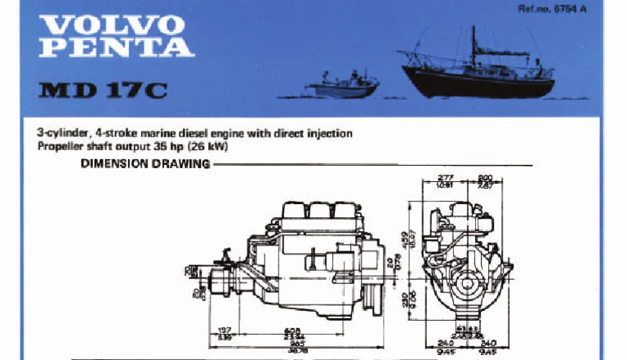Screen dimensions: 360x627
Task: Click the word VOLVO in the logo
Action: click(x=110, y=25)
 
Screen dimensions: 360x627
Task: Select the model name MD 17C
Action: click(x=102, y=89)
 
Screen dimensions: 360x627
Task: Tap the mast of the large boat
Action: click(x=473, y=45)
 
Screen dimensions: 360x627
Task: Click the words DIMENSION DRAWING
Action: click(x=145, y=164)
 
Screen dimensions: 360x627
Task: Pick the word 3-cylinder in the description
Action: click(x=64, y=133)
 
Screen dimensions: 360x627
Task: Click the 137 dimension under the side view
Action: click(x=226, y=331)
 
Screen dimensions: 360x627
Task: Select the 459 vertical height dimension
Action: click(x=405, y=241)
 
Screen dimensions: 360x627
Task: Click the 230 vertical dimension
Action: click(x=405, y=300)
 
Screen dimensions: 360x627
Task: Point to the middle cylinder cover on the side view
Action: click(x=319, y=209)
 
